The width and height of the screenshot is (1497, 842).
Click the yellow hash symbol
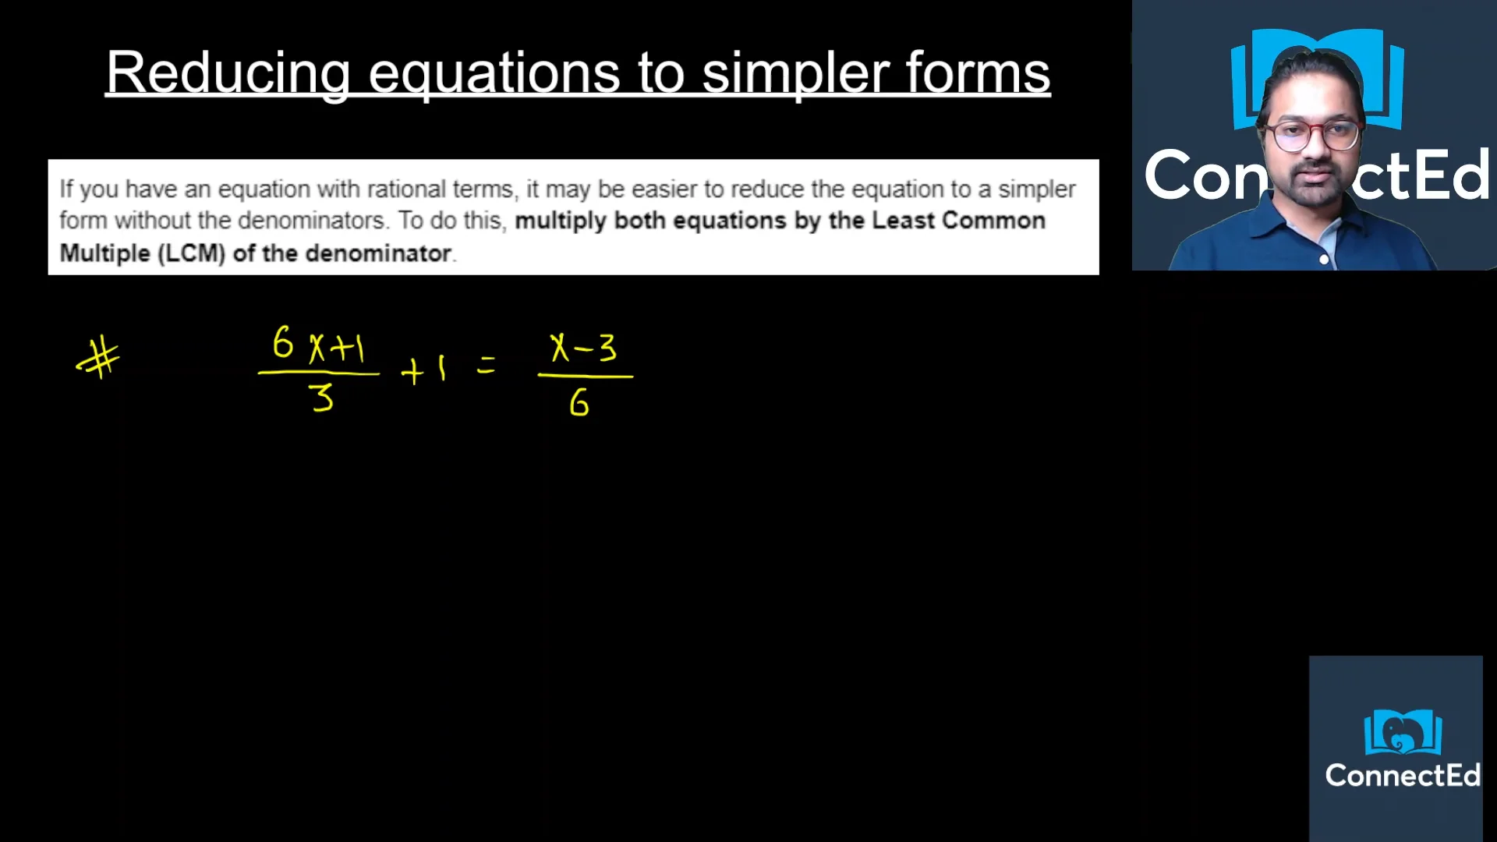coord(99,359)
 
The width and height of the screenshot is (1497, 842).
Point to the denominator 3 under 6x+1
coord(321,398)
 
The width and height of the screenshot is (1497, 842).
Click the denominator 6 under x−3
coord(579,403)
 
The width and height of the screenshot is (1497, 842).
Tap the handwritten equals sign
coord(486,365)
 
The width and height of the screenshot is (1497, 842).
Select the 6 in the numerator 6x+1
coord(282,343)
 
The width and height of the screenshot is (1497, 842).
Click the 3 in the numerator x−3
coord(607,348)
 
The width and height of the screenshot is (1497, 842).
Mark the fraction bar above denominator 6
coord(585,377)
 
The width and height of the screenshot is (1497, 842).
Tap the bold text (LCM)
coord(191,253)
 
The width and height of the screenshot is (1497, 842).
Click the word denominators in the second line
coord(311,221)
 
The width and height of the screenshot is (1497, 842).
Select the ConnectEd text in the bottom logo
coord(1402,776)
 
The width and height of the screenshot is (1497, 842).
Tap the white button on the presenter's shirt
coord(1324,260)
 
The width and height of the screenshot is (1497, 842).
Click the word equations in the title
coord(494,73)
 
